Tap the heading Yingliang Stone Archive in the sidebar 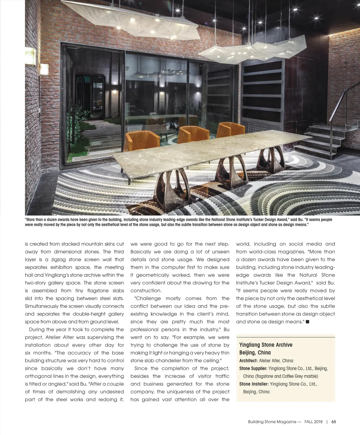[265, 345]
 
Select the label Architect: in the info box [248, 361]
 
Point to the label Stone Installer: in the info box [254, 384]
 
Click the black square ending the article [307, 322]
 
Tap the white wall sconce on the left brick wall [45, 70]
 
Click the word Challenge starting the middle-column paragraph [148, 298]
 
